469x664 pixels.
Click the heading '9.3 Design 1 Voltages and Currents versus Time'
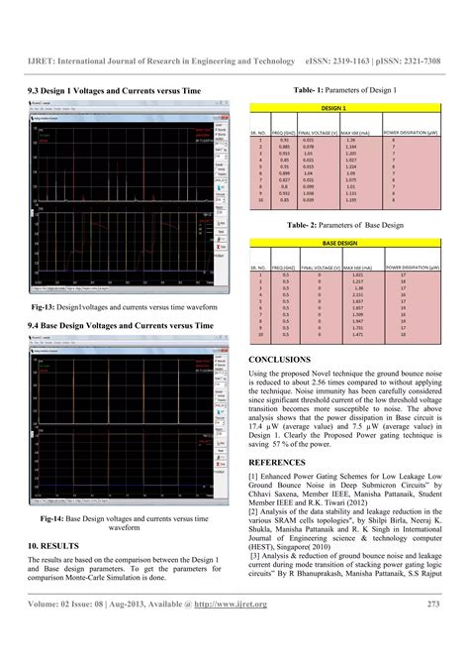click(115, 90)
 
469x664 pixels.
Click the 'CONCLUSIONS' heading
click(280, 359)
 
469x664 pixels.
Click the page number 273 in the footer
click(433, 630)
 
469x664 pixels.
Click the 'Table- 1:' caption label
click(311, 90)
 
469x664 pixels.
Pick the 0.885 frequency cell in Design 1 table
click(284, 147)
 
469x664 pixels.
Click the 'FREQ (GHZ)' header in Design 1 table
click(285, 132)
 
